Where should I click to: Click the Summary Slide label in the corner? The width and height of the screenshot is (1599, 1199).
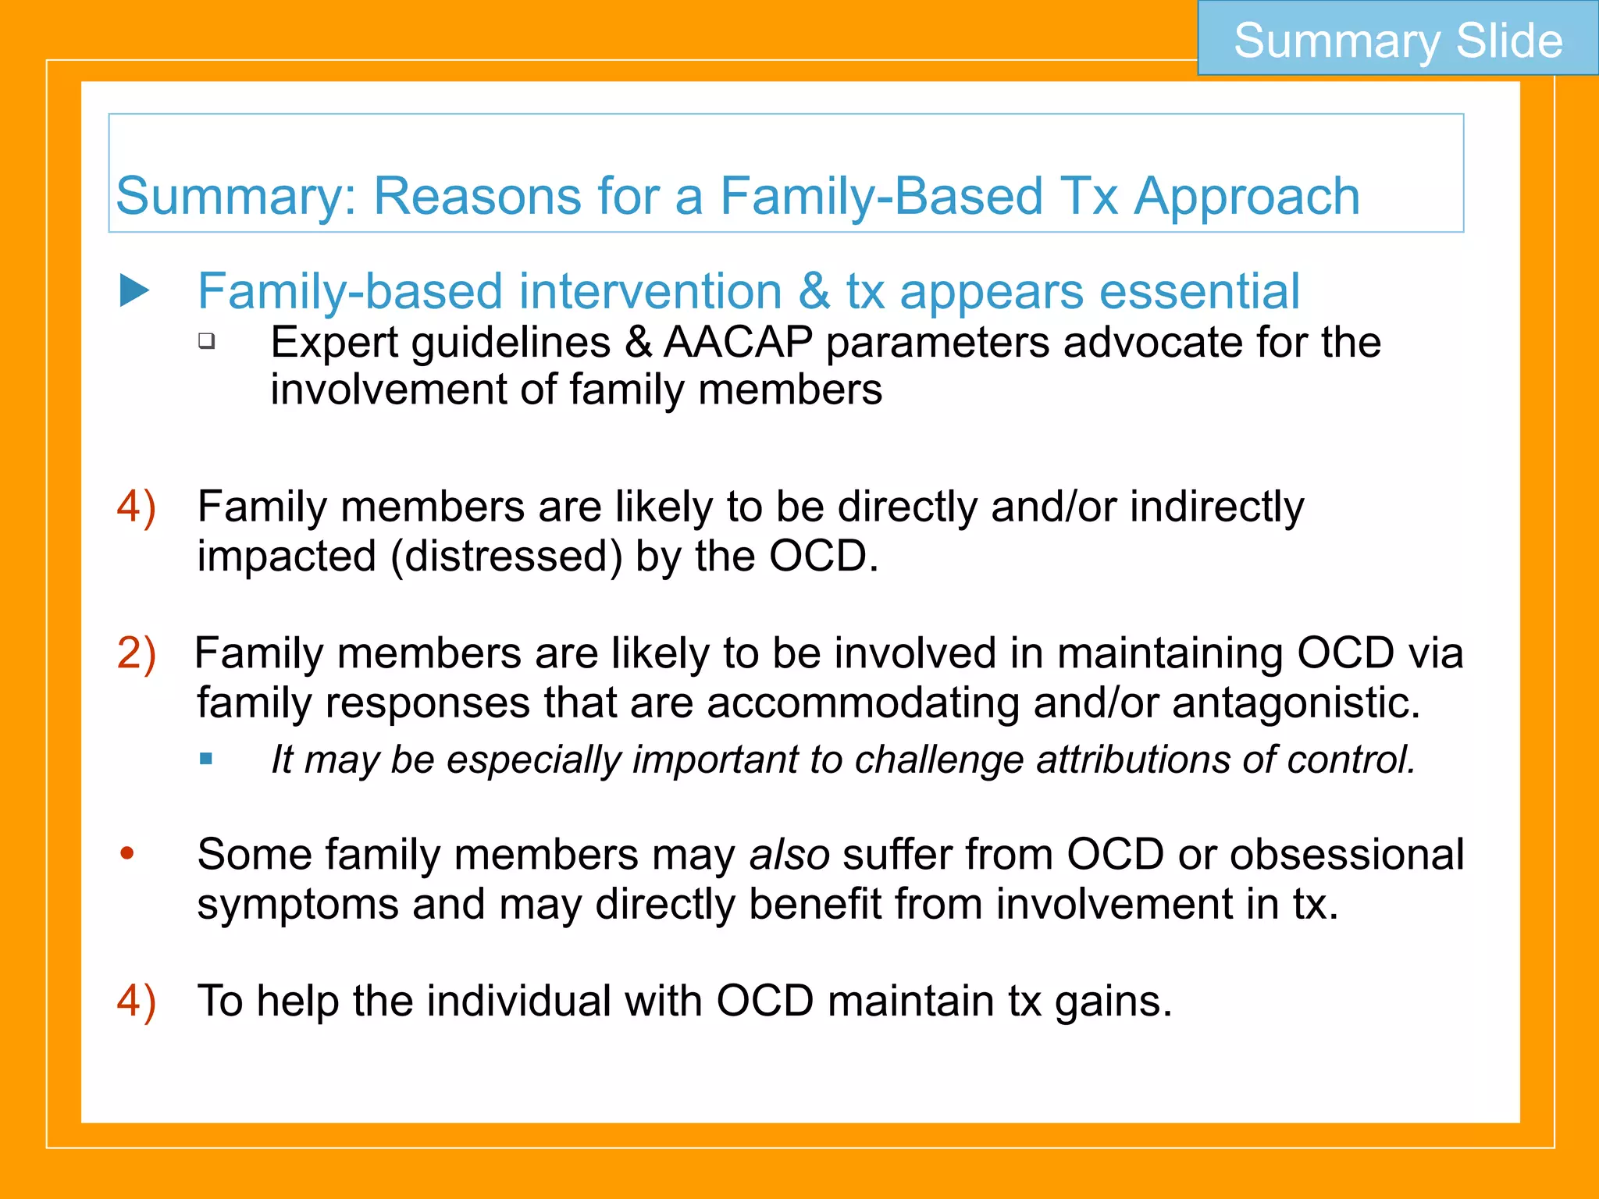(1398, 40)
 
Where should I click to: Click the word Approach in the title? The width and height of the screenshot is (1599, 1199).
(1247, 197)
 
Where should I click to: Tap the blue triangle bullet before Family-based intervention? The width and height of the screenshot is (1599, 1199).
(134, 291)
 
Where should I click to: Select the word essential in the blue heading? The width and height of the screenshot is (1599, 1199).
(1199, 291)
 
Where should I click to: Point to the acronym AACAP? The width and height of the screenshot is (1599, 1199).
(738, 342)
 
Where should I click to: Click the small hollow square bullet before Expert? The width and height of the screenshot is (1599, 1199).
(206, 340)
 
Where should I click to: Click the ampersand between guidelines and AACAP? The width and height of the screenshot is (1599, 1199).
(638, 342)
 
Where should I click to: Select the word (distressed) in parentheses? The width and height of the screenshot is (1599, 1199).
(507, 557)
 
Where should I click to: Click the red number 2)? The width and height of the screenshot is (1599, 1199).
(137, 653)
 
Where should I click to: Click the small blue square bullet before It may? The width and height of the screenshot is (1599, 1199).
(206, 759)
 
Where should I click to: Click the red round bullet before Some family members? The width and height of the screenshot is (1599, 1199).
(127, 853)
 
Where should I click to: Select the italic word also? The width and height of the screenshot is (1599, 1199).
(789, 854)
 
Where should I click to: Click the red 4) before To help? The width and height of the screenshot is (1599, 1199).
(137, 1001)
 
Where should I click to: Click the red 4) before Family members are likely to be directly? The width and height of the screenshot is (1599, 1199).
(137, 507)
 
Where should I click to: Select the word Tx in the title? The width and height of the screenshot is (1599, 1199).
(1089, 197)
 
